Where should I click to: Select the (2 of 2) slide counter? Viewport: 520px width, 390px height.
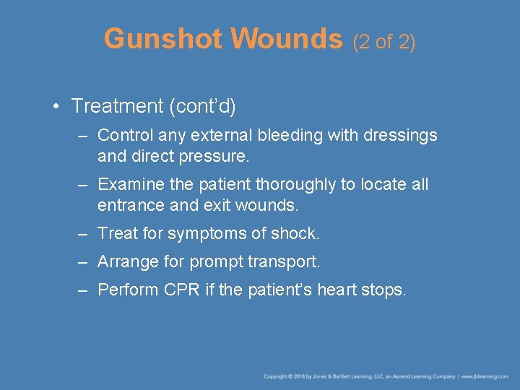tap(384, 42)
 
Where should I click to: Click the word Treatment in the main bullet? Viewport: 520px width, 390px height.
tap(118, 106)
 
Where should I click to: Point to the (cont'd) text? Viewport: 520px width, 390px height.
tap(202, 106)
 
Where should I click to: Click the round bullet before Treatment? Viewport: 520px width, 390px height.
tap(56, 107)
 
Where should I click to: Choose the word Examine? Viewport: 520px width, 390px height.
tap(128, 185)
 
